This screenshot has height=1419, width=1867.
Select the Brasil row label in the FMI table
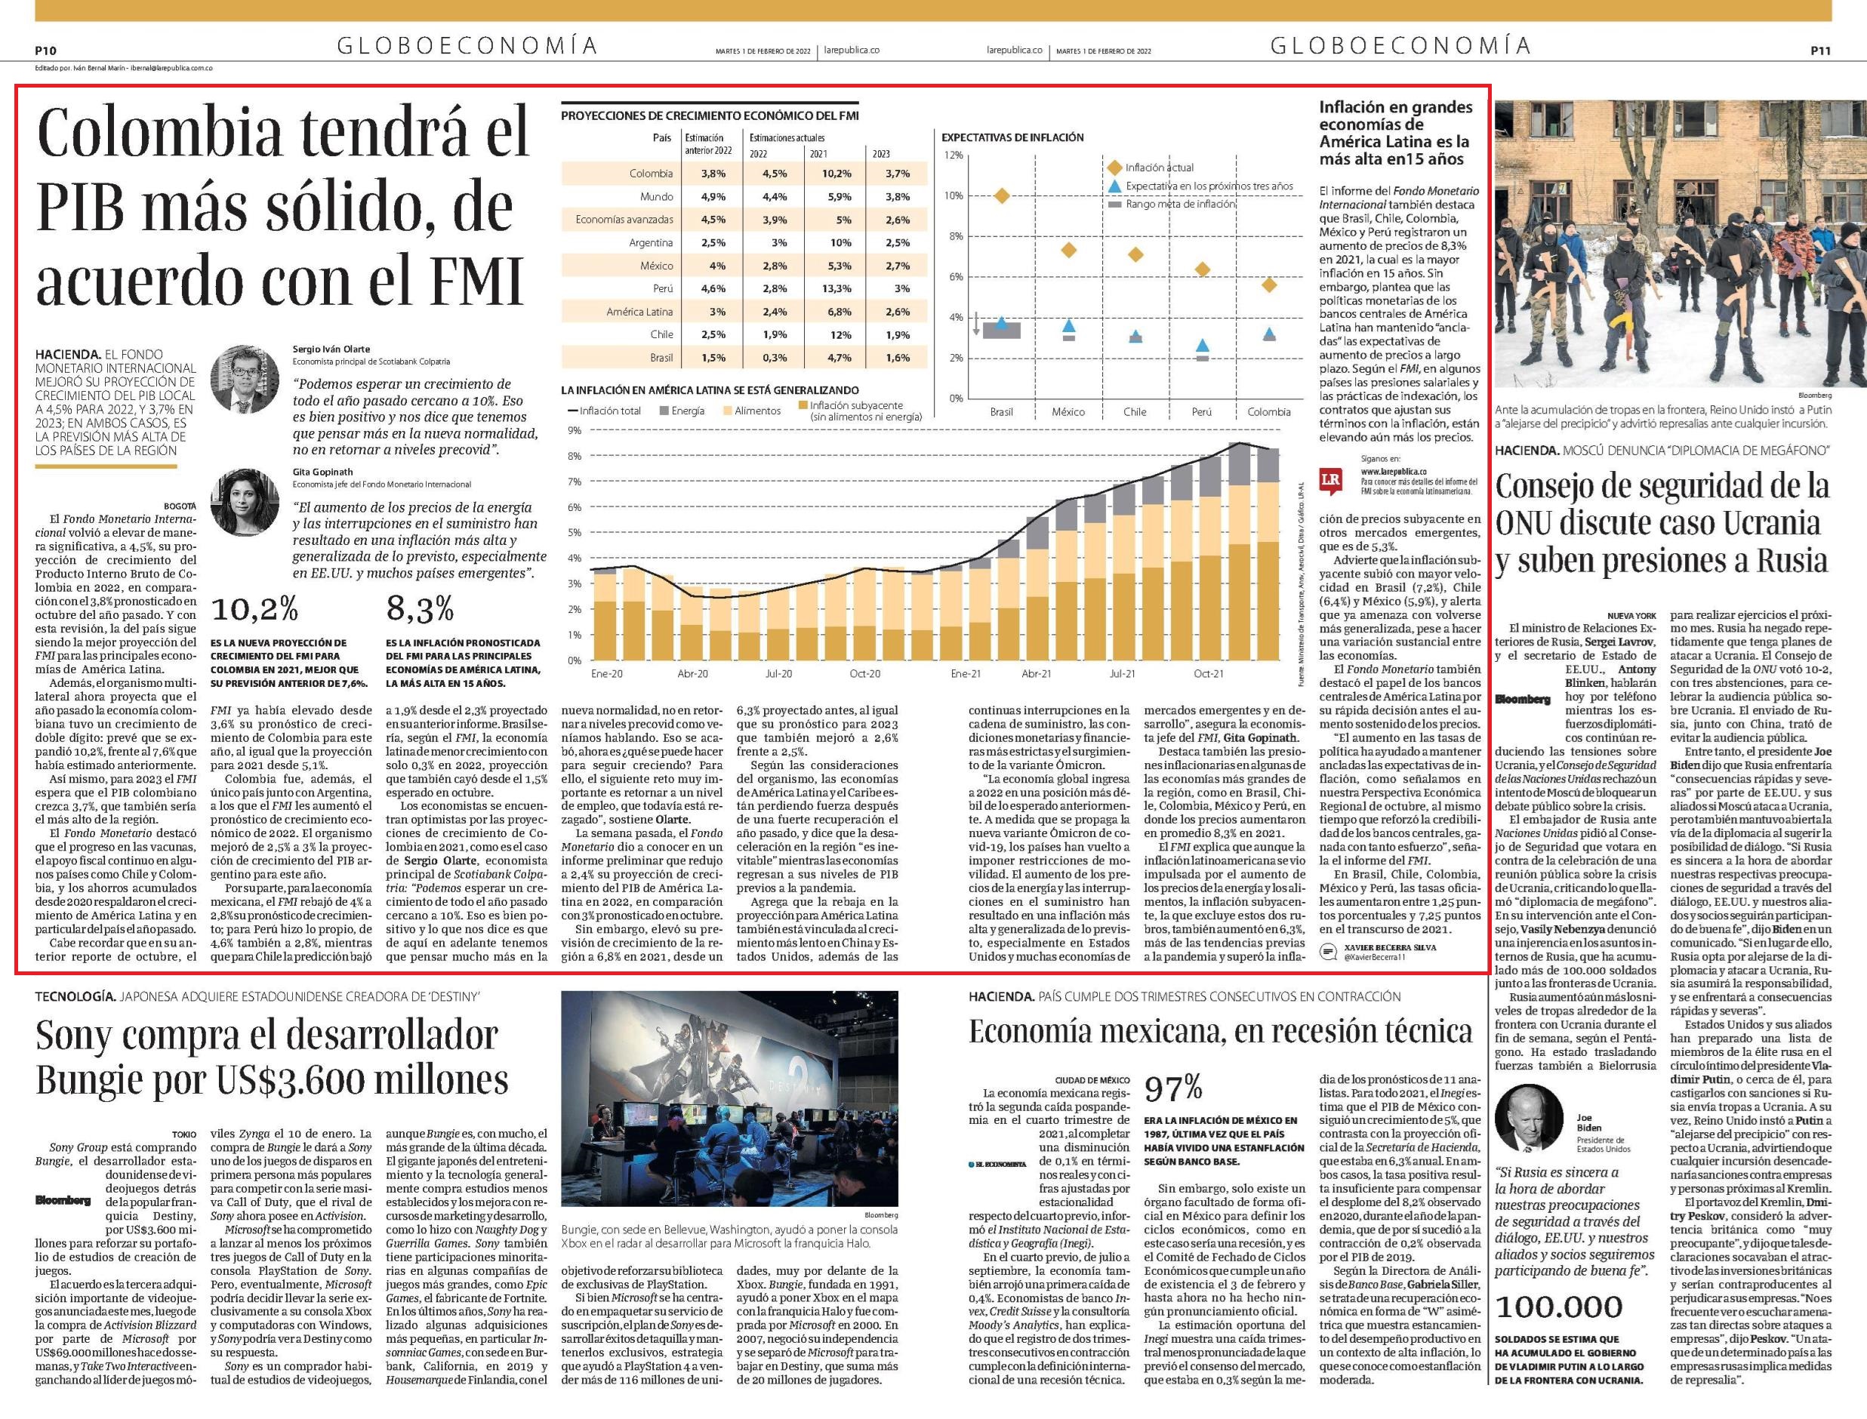tap(661, 357)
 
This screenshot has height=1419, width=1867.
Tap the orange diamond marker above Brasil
tap(1001, 196)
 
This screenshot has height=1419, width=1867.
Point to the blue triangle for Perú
tap(1202, 346)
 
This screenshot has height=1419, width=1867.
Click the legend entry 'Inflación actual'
tap(1159, 168)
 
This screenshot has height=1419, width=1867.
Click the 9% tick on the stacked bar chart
tap(575, 431)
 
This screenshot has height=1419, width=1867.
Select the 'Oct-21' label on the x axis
tap(1208, 674)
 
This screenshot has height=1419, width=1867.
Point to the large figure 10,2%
tap(254, 609)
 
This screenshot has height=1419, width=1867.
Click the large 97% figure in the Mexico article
tap(1173, 1088)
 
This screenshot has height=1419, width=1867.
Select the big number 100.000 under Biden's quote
tap(1559, 1307)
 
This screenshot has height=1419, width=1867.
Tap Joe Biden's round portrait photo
tap(1531, 1120)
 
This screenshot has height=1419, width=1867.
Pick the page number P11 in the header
tap(1819, 51)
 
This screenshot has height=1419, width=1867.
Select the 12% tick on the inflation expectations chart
tap(953, 155)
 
